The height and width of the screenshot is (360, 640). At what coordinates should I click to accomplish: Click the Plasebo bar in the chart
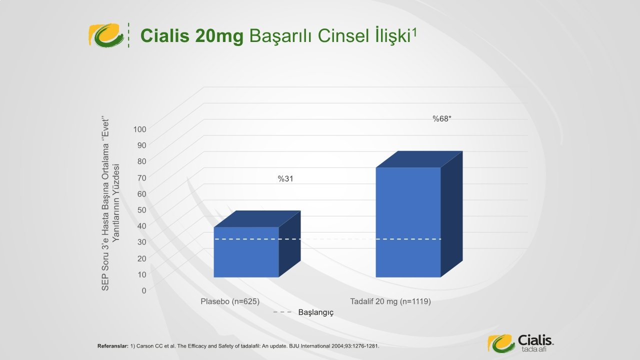[246, 252]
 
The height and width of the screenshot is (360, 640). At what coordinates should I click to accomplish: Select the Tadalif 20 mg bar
[408, 222]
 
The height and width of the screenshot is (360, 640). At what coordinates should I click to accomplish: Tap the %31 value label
[285, 179]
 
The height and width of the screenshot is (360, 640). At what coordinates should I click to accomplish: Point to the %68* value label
[441, 119]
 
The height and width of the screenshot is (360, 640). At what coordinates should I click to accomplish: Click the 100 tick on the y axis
[139, 129]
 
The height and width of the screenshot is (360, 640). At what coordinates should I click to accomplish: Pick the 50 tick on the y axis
[141, 210]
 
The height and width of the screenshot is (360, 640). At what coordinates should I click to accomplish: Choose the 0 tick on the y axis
[144, 290]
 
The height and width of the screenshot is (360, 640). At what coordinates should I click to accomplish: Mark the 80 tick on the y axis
[141, 161]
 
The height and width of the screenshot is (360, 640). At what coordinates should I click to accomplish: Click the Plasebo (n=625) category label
[230, 301]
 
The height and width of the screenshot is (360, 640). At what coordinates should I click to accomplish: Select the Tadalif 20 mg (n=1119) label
[390, 301]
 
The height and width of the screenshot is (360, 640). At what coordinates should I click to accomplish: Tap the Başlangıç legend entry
[303, 312]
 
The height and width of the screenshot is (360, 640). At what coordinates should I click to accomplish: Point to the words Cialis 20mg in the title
[191, 36]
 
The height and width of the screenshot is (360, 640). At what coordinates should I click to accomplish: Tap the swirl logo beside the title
[106, 35]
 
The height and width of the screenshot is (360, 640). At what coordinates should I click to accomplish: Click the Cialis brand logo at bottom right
[520, 343]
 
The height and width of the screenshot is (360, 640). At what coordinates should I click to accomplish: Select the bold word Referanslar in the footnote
[113, 346]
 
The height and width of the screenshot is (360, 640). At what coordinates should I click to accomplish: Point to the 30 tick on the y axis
[141, 242]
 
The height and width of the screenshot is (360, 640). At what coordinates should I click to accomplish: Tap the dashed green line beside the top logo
[128, 35]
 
